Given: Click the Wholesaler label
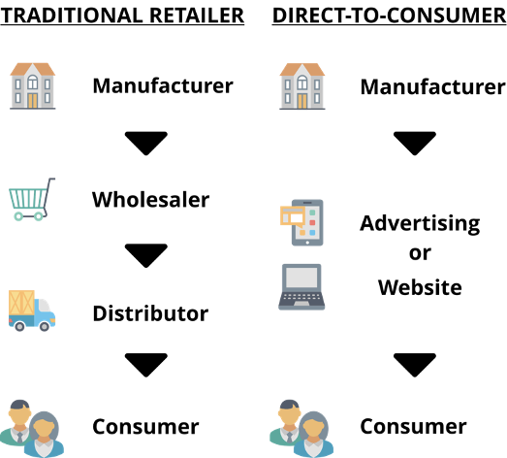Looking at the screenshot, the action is pos(150,199).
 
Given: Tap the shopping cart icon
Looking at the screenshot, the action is pos(32,199).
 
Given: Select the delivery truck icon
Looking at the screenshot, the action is pos(32,311).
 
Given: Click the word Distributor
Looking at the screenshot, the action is pos(150,313).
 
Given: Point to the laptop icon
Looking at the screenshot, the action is pos(301,287).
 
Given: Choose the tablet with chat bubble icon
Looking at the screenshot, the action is pos(301,222).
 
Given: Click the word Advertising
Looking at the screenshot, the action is pos(420,224).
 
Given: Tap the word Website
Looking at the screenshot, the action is pos(420,287).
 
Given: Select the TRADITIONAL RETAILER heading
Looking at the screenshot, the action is pos(122,16).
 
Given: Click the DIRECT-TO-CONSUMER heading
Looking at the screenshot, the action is pos(390,16).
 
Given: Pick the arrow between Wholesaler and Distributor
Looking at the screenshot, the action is pos(146,256).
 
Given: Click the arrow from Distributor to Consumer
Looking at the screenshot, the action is pos(146,365).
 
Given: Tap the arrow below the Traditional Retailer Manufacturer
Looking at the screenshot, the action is pos(146,144).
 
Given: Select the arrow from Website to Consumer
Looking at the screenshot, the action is pos(415,365).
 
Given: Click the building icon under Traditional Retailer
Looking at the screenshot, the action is pos(33,86).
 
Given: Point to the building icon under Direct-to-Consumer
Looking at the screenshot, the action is pos(302,86).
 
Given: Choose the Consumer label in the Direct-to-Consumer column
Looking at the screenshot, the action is pos(414,426).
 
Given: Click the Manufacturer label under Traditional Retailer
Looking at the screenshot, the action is pos(163,85).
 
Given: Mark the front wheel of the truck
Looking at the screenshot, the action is pos(45,326).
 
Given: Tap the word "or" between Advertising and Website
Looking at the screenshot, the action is pos(420,253).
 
